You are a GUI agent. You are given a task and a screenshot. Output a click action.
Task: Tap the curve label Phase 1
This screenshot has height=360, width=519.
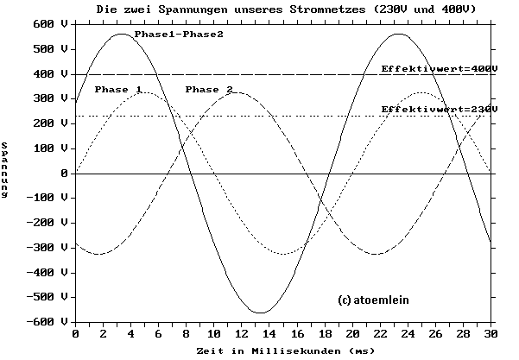(117, 90)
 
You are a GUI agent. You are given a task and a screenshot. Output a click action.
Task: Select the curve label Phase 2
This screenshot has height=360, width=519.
(209, 90)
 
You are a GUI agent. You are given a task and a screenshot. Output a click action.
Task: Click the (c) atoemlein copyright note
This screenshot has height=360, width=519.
(373, 300)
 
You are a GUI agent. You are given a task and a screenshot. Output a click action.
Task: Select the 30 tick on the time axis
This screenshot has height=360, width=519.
(491, 334)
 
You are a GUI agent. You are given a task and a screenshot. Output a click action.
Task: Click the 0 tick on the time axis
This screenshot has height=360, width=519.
(76, 334)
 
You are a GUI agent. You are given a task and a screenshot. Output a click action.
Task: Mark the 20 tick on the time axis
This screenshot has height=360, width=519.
(352, 334)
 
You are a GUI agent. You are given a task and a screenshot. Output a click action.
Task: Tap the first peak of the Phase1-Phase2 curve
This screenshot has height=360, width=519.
(122, 34)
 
